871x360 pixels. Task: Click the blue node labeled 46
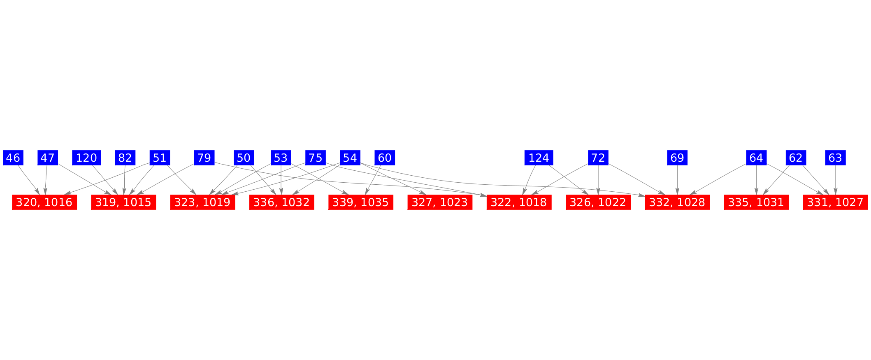[13, 158]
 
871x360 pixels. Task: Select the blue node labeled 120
[86, 158]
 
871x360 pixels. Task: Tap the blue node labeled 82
[125, 158]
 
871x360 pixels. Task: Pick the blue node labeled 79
[204, 158]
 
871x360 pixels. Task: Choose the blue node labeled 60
[385, 158]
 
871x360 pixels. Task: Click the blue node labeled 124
[539, 158]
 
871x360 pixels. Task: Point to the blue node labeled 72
[598, 158]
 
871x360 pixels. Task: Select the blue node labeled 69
[677, 158]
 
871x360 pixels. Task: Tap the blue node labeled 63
[835, 158]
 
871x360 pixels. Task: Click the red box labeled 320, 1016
[44, 202]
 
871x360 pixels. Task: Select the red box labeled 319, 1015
[123, 202]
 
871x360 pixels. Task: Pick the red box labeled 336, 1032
[281, 202]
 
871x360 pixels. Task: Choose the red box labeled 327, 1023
[440, 202]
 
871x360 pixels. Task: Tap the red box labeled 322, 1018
[519, 202]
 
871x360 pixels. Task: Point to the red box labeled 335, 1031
[756, 202]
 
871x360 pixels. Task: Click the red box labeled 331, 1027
[835, 202]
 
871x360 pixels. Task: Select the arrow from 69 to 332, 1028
[677, 180]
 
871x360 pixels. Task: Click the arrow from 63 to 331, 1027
[835, 180]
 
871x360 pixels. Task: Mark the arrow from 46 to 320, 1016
[29, 180]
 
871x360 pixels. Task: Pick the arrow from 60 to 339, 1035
[373, 180]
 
